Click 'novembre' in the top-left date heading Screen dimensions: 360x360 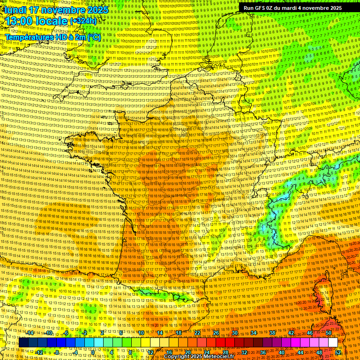63,10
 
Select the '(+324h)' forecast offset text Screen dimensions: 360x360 83,21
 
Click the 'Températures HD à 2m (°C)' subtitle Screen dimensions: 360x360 52,37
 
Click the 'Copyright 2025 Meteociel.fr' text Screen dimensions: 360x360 199,357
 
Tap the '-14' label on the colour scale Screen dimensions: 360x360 30,333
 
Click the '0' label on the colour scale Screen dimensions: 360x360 93,352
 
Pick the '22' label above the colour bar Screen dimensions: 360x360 197,333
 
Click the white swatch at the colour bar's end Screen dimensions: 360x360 333,343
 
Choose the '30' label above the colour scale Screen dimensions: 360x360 235,333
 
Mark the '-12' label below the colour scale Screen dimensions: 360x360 39,352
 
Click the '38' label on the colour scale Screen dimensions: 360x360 272,333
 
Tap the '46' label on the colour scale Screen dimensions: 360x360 310,333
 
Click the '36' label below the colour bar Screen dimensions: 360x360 263,352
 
